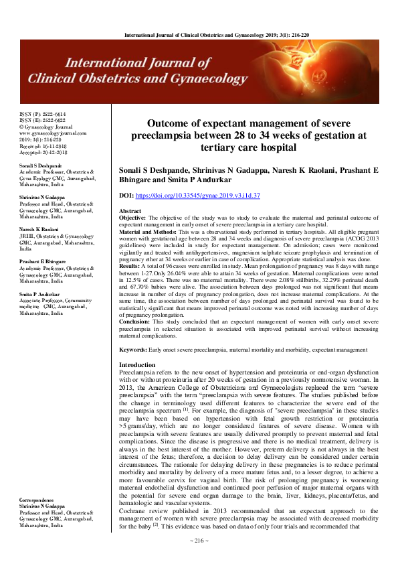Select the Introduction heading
tap(136, 364)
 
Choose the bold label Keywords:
tap(134, 350)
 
